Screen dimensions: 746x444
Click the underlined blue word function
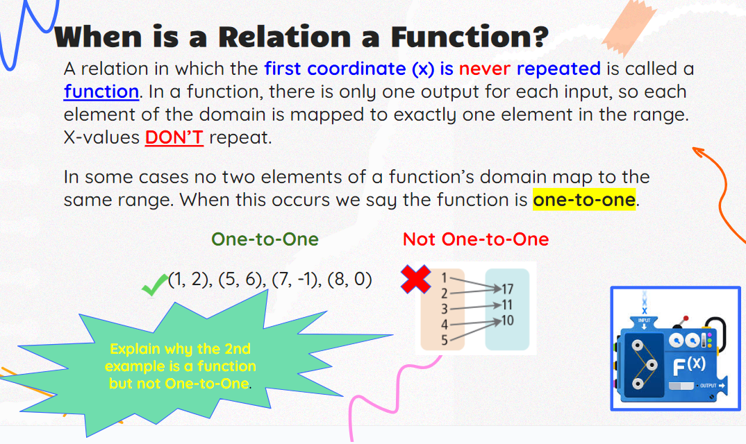tap(101, 92)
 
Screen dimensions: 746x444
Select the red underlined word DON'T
tap(174, 137)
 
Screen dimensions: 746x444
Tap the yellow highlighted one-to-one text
tap(584, 200)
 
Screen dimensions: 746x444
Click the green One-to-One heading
tap(265, 239)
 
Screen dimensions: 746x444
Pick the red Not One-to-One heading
tap(476, 239)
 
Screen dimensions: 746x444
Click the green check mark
tap(155, 285)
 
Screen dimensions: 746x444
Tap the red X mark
tap(416, 279)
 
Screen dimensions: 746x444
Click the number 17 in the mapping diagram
tap(507, 289)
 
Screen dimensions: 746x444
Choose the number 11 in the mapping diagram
tap(507, 305)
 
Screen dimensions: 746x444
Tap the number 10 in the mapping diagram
tap(507, 321)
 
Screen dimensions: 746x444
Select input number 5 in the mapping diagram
tap(445, 341)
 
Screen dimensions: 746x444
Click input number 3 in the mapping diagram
tap(445, 309)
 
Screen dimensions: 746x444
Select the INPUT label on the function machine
tap(644, 321)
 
